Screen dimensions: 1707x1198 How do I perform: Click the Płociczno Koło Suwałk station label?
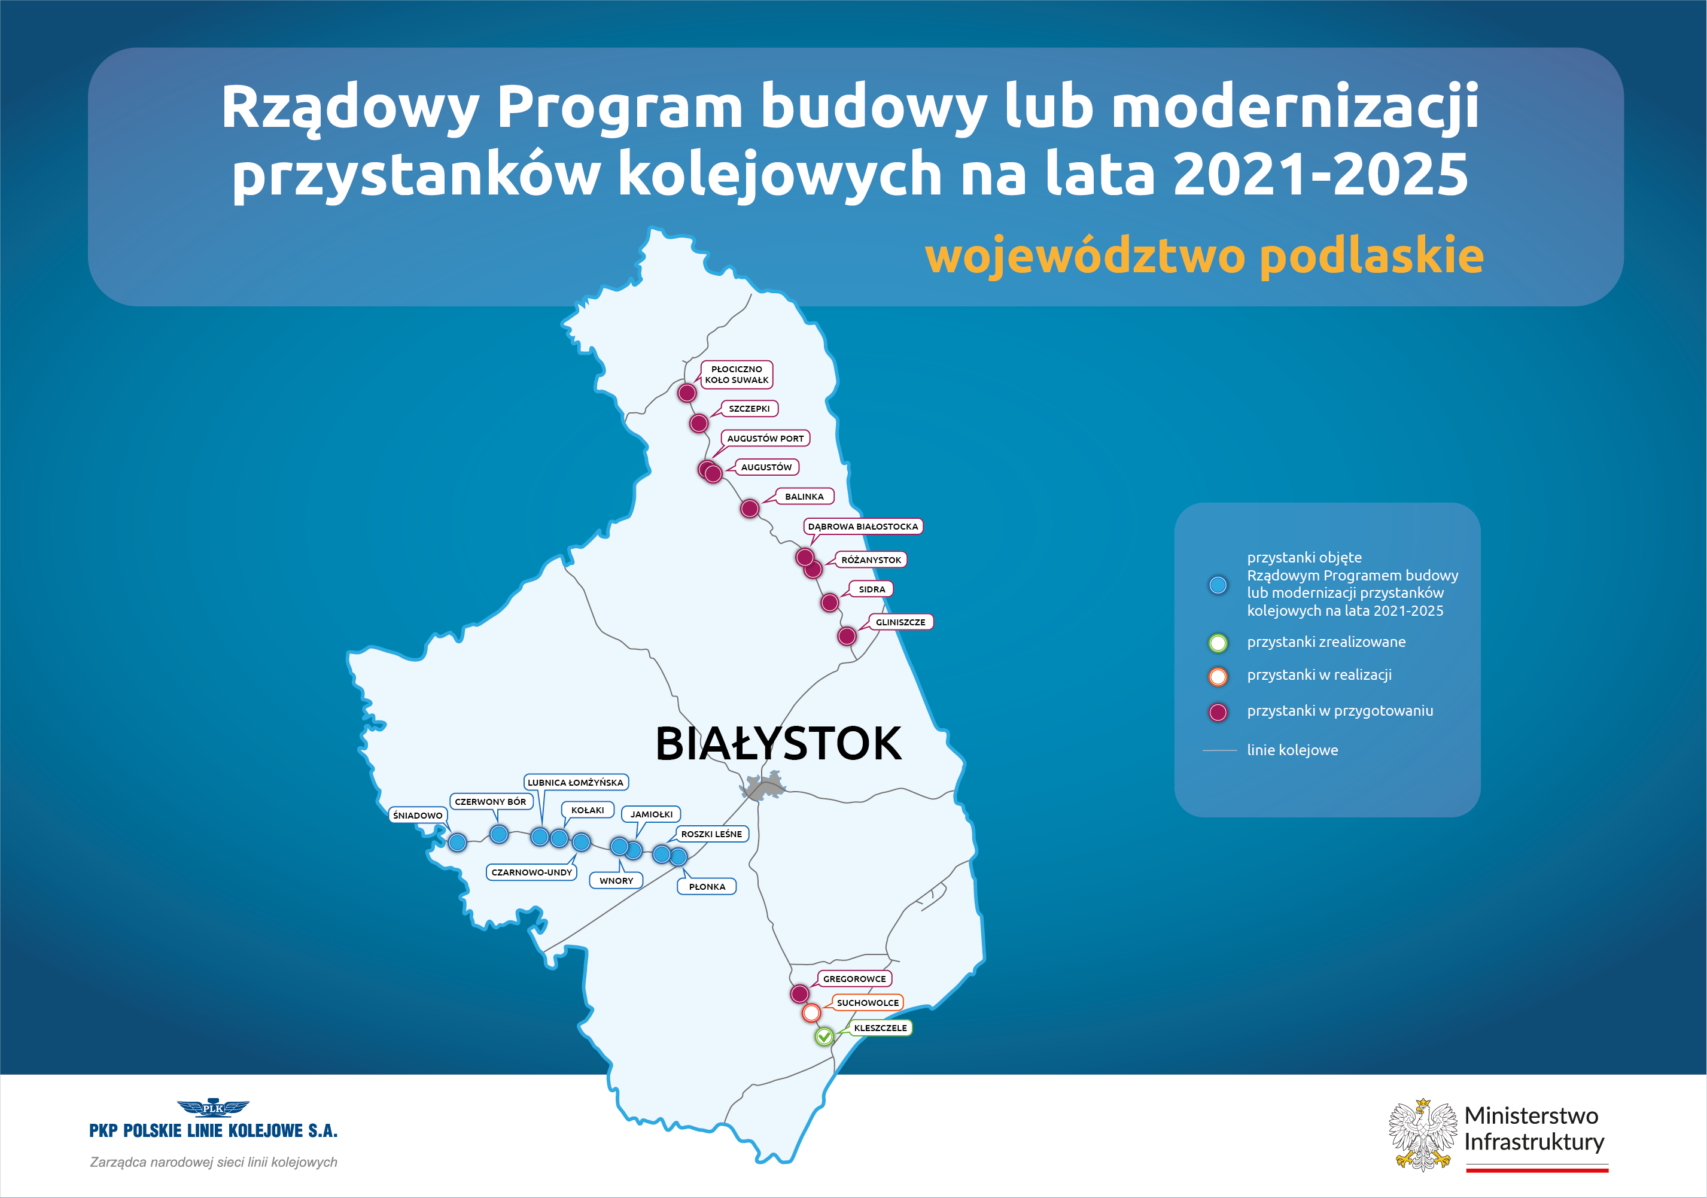737,375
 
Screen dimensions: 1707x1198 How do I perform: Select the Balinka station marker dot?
750,509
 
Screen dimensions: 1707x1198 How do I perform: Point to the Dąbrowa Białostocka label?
863,527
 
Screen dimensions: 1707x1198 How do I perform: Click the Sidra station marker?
830,603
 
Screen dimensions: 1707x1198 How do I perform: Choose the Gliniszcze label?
900,622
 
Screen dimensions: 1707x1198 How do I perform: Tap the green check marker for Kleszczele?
824,1036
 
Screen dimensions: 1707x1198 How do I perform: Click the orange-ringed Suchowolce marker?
811,1013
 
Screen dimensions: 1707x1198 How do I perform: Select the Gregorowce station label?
854,978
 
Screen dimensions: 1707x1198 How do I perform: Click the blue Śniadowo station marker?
457,842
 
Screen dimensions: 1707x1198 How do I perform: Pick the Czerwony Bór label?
490,802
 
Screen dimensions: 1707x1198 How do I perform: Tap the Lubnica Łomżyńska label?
576,782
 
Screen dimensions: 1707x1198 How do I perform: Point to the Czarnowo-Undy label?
531,872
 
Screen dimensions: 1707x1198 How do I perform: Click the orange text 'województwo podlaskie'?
1204,255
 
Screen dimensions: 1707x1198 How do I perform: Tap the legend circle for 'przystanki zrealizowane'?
1218,643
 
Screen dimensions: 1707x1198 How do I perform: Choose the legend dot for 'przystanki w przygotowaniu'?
1218,713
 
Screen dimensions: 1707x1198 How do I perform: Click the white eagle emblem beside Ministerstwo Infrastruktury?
1423,1135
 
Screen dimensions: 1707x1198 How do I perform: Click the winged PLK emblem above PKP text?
214,1108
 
